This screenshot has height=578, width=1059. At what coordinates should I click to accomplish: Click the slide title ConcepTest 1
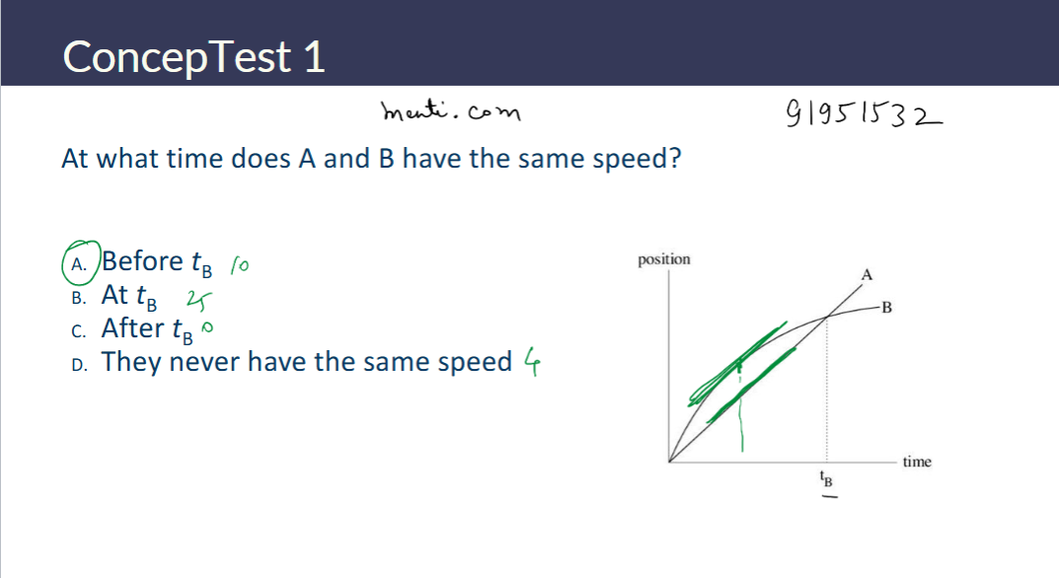click(193, 57)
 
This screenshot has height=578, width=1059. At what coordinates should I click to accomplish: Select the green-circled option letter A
click(80, 262)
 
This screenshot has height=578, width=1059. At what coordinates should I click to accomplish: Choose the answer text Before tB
click(157, 262)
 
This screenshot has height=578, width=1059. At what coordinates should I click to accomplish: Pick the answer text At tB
click(136, 296)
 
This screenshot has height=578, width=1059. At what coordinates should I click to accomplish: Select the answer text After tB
click(147, 328)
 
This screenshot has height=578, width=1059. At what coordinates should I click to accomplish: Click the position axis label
click(664, 259)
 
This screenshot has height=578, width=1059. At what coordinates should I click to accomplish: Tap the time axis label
click(916, 461)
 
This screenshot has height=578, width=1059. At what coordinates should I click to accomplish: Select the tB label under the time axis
click(827, 480)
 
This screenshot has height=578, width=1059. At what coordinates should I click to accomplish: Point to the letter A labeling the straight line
click(868, 273)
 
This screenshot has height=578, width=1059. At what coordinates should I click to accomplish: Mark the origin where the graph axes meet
click(669, 461)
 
